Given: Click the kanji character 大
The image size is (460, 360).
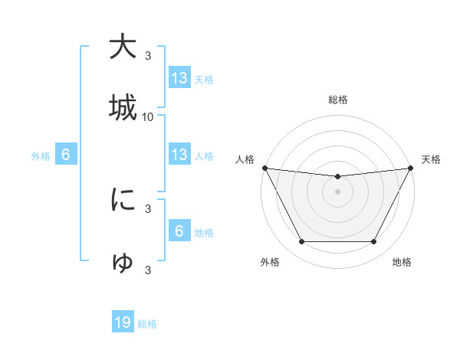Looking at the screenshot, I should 123,47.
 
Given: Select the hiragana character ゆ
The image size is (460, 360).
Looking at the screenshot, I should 123,261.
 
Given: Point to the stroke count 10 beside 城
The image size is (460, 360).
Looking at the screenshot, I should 148,117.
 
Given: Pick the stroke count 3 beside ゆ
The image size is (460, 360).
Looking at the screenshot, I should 148,270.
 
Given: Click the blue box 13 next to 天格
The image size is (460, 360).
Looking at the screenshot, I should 179,77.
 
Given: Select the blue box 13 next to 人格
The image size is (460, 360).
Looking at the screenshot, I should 179,155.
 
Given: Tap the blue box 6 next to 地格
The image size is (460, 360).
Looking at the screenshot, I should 179,231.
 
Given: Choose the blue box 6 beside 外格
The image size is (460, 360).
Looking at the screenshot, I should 66,155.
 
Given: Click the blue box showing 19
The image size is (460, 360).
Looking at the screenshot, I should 123,322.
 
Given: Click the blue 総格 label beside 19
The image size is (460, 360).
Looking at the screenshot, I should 147,324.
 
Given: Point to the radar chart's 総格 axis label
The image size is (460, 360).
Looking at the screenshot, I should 338,100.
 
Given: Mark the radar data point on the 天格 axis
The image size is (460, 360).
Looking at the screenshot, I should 412,168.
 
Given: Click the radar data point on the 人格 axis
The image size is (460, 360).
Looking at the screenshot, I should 264,168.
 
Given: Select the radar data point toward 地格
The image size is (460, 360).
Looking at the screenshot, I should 374,242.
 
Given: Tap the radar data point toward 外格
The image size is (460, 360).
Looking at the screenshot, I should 301,242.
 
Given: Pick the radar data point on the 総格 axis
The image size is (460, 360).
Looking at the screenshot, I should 338,177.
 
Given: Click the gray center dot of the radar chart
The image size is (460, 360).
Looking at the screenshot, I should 338,191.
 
